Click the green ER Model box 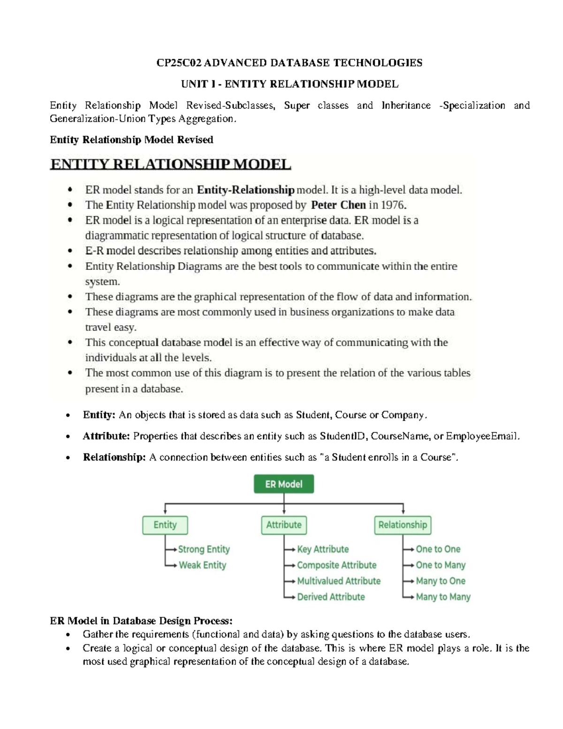coord(284,484)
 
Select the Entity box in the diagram coord(165,525)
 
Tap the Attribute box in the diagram coord(284,525)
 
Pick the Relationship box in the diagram coord(403,525)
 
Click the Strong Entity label coord(204,549)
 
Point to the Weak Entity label coord(202,565)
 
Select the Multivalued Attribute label coord(339,581)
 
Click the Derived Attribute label coord(331,597)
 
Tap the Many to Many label coord(443,597)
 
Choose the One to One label coord(438,549)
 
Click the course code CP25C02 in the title coord(179,63)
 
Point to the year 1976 coord(393,205)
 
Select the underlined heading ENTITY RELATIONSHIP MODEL coord(171,164)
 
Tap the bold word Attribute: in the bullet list coord(106,436)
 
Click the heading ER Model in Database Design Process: coord(141,621)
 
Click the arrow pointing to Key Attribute coord(290,550)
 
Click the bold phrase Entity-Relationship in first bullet coord(245,190)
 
